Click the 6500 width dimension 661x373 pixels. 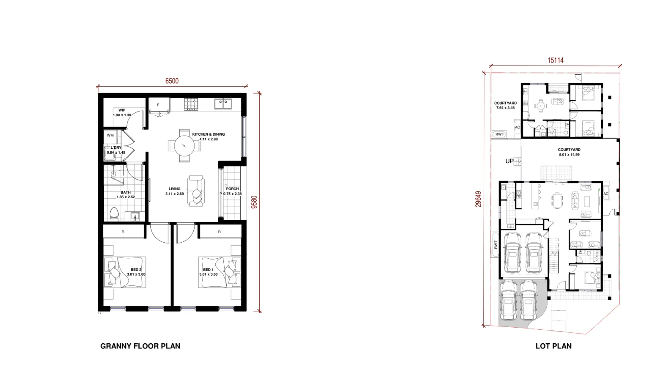(x=172, y=81)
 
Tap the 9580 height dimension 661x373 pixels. (x=254, y=202)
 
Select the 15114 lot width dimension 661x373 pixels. (x=556, y=61)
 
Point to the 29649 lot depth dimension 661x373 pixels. (x=479, y=199)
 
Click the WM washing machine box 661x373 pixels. (x=110, y=136)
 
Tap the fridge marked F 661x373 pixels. (x=159, y=105)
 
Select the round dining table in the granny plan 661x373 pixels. (x=185, y=146)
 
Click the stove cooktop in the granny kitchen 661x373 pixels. (x=191, y=104)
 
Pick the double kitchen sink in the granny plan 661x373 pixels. (x=223, y=104)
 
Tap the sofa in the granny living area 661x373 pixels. (x=196, y=191)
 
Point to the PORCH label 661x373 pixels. (x=233, y=189)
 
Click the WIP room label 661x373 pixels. (x=122, y=110)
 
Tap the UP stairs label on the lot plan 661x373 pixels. (x=509, y=161)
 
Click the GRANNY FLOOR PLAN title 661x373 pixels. (x=140, y=346)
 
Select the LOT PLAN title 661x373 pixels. (x=554, y=346)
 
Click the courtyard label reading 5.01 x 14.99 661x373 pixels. (x=569, y=155)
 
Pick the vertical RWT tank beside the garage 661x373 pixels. (x=495, y=245)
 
